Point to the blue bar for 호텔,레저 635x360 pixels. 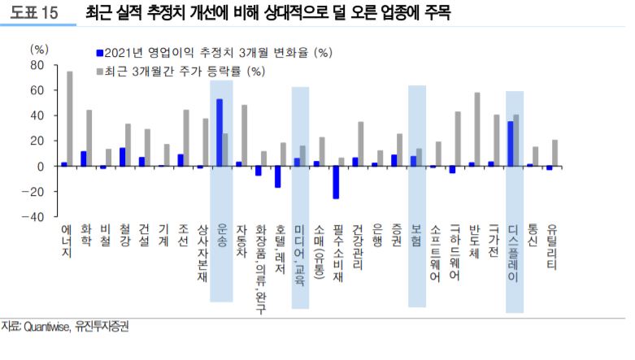[277, 176]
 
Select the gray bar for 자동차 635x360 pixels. [244, 136]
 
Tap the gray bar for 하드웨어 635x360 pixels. [458, 139]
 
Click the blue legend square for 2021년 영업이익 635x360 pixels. [100, 53]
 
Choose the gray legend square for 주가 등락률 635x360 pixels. [100, 71]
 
